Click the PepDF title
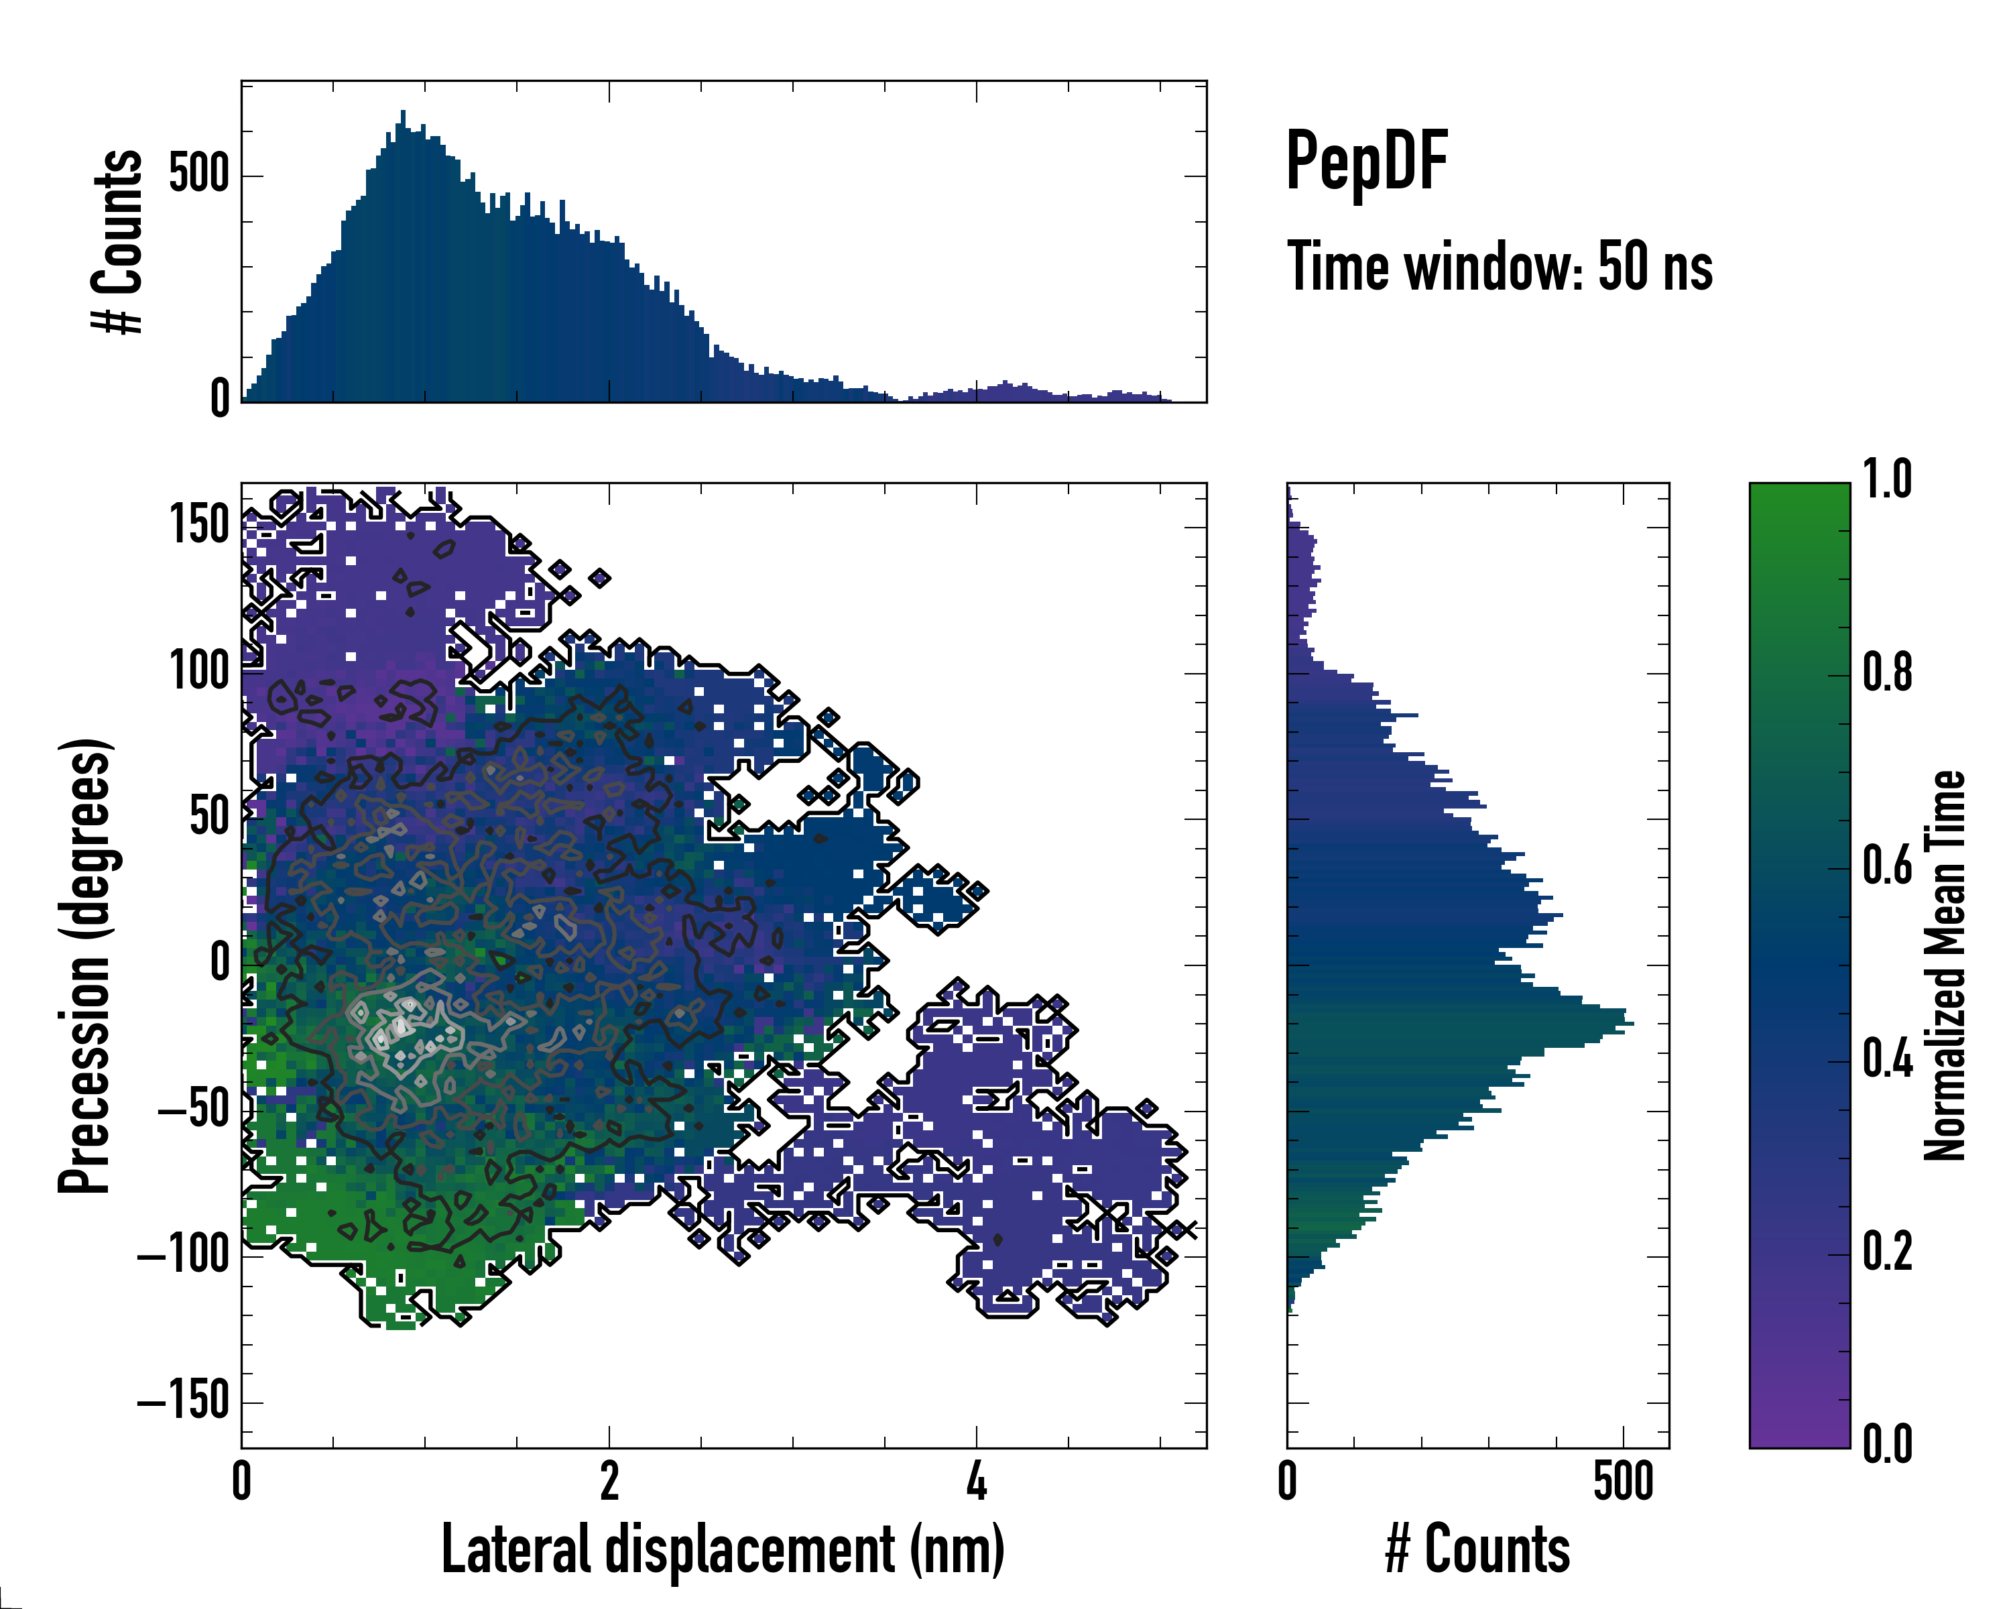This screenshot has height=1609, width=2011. [1365, 162]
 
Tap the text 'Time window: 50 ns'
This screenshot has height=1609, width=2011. [1499, 267]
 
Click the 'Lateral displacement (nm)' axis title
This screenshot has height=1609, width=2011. [723, 1549]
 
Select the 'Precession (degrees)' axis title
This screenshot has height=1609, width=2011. [85, 965]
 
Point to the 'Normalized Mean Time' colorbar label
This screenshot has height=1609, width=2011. [1945, 965]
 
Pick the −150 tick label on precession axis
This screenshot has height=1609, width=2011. [184, 1401]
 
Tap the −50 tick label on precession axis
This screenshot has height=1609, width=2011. [194, 1110]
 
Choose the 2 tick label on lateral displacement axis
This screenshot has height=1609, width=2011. [609, 1481]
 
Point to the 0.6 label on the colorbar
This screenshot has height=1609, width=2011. [1887, 866]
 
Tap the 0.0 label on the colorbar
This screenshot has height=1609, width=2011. [1887, 1444]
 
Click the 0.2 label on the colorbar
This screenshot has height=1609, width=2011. [1887, 1251]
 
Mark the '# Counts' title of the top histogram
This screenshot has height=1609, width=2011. [119, 241]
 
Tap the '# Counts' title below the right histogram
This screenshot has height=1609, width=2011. [1477, 1549]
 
